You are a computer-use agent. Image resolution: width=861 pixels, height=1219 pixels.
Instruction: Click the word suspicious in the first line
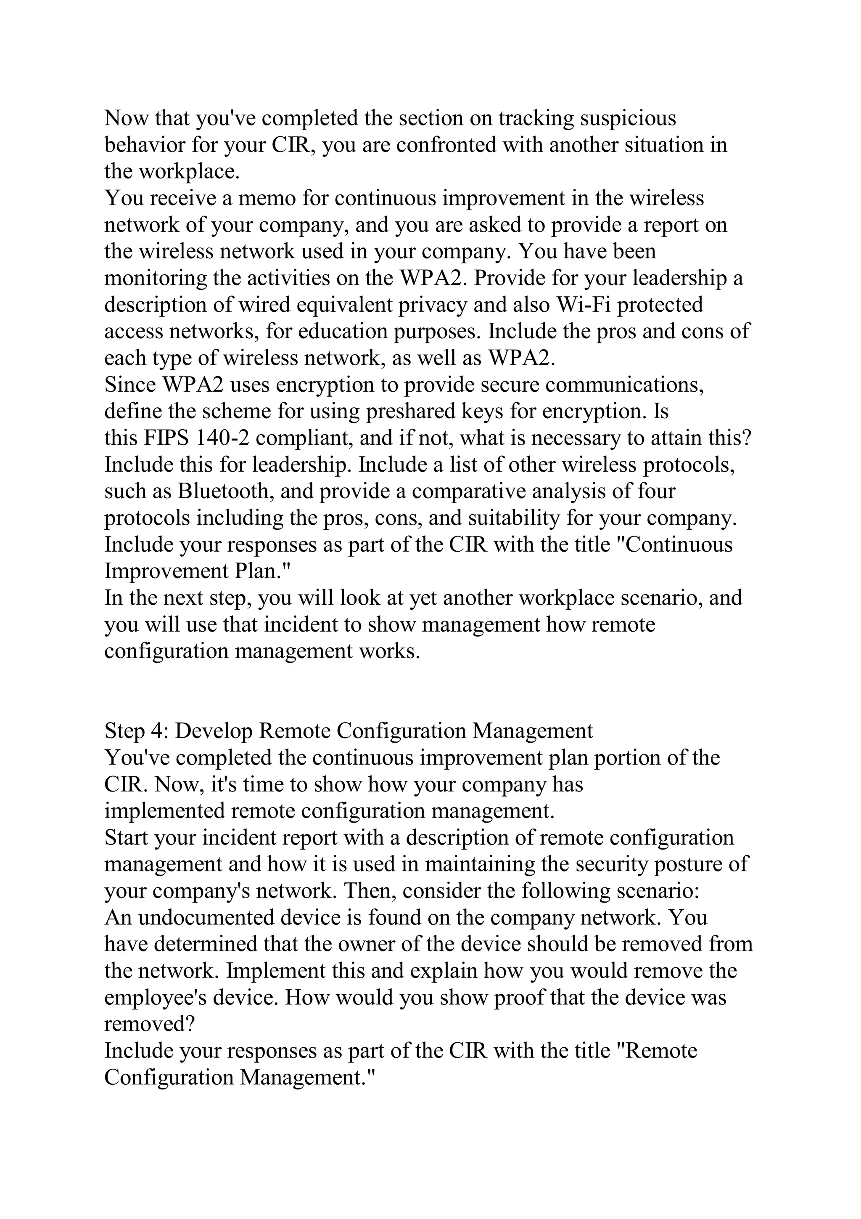[628, 118]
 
